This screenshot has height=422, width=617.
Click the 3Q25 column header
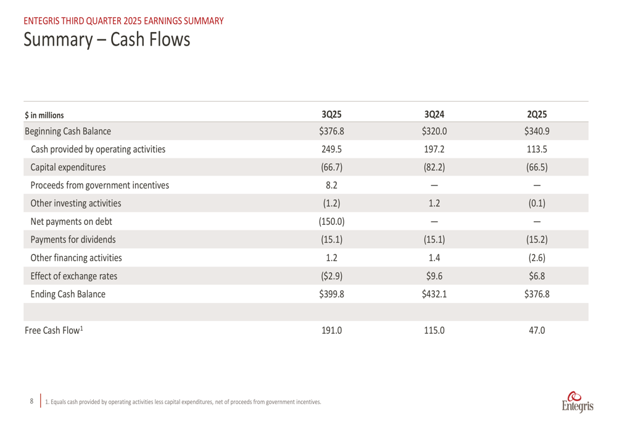click(x=331, y=114)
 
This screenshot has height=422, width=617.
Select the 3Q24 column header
click(x=434, y=114)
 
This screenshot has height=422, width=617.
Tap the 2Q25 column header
click(x=537, y=114)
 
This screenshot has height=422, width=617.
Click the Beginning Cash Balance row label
click(x=68, y=131)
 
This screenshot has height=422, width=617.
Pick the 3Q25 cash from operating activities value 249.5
click(x=331, y=149)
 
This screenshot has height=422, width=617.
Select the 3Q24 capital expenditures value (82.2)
click(x=434, y=167)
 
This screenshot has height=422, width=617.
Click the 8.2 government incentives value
click(x=331, y=185)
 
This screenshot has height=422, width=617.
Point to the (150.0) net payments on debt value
click(x=331, y=221)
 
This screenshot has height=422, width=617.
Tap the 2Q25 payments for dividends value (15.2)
click(x=537, y=240)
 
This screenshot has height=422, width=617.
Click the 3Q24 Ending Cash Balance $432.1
click(x=434, y=294)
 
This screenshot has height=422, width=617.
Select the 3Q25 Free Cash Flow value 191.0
click(x=331, y=330)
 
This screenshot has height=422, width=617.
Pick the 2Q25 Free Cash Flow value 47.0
click(x=537, y=330)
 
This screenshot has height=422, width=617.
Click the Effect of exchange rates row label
click(x=74, y=276)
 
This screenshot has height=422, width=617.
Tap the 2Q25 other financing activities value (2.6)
click(x=537, y=258)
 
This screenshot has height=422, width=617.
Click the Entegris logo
click(x=578, y=400)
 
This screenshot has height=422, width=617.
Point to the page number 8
click(x=32, y=401)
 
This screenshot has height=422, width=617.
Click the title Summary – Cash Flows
click(x=107, y=40)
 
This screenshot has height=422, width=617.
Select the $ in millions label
click(x=44, y=115)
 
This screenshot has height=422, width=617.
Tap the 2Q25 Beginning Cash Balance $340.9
click(x=537, y=131)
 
